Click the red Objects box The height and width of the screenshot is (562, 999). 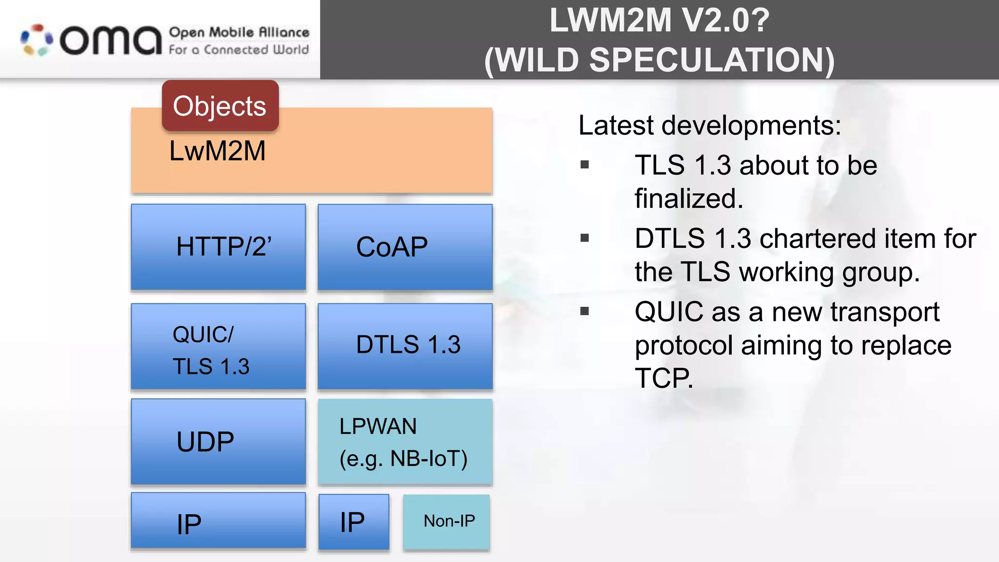220,106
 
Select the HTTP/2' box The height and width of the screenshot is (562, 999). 218,247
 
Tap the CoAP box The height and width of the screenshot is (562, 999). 405,247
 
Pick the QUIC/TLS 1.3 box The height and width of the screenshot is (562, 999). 218,346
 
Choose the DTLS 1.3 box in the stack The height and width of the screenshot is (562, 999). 405,345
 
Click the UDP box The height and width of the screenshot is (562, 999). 218,442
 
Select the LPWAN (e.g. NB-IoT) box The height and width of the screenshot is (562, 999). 405,442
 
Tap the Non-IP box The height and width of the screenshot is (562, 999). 446,522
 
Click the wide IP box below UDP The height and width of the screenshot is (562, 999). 218,521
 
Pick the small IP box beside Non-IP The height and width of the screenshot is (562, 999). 354,522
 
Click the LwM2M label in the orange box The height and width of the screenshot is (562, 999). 218,151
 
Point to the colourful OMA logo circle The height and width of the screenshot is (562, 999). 37,40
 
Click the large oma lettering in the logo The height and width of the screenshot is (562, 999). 111,41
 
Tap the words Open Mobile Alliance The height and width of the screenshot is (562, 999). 239,33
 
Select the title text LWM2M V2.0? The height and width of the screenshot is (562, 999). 659,20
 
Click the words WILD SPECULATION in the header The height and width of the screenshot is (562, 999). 659,60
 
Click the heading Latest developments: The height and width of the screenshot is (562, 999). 709,125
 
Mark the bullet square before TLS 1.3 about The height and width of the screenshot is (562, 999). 585,165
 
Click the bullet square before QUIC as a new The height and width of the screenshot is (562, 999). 585,311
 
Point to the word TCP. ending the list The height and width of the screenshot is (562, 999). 663,378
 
